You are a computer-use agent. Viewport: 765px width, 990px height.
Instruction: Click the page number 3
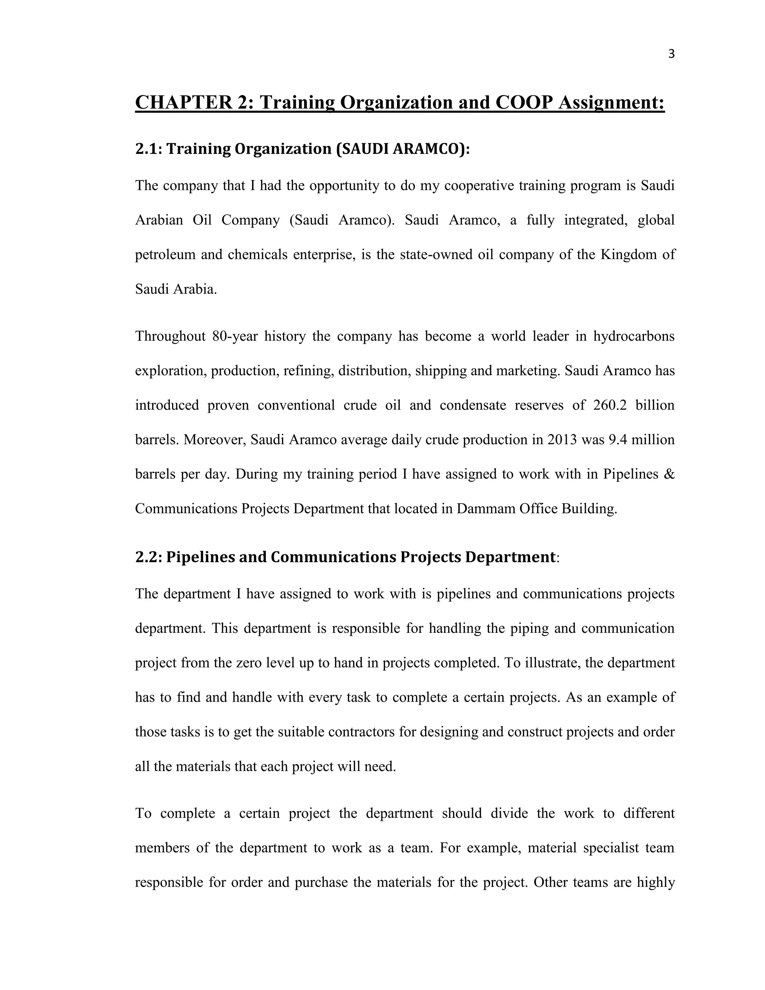click(671, 54)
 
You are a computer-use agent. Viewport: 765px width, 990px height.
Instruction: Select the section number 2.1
click(148, 149)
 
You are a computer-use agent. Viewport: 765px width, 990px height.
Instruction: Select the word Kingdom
click(627, 254)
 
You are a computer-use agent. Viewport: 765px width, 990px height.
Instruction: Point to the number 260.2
click(610, 405)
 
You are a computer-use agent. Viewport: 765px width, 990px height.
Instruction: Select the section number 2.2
click(148, 557)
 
